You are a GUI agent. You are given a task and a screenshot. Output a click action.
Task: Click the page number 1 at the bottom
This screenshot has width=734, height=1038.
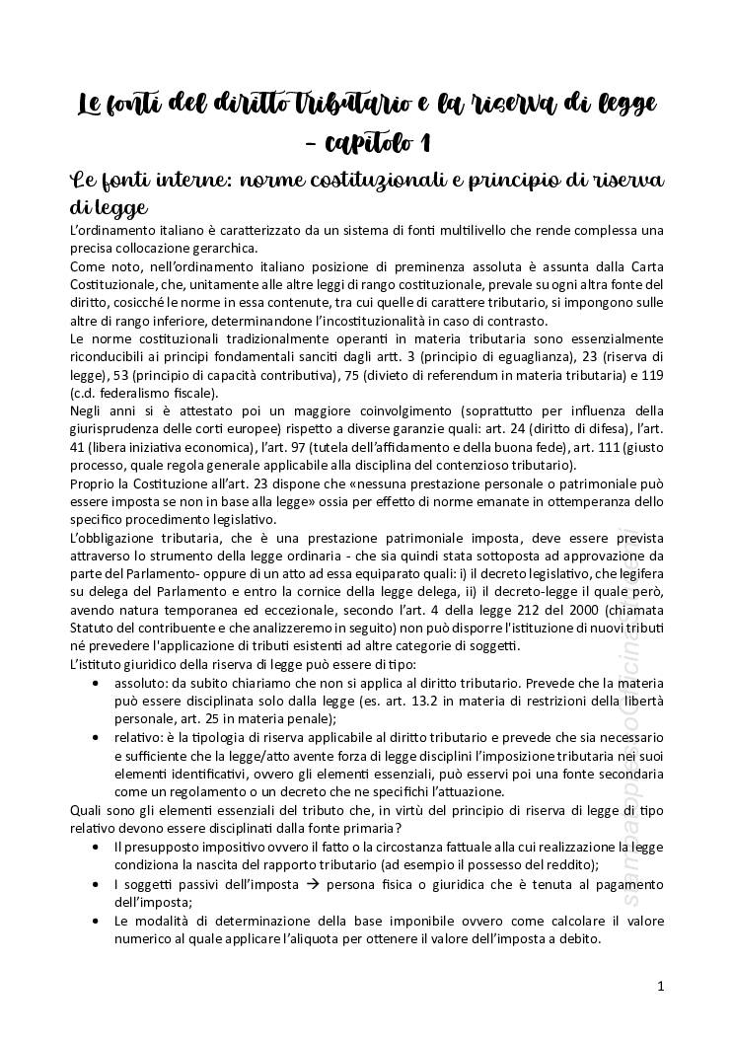tap(660, 986)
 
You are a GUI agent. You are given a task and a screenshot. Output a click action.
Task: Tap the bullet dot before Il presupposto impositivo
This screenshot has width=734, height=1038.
tap(95, 848)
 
